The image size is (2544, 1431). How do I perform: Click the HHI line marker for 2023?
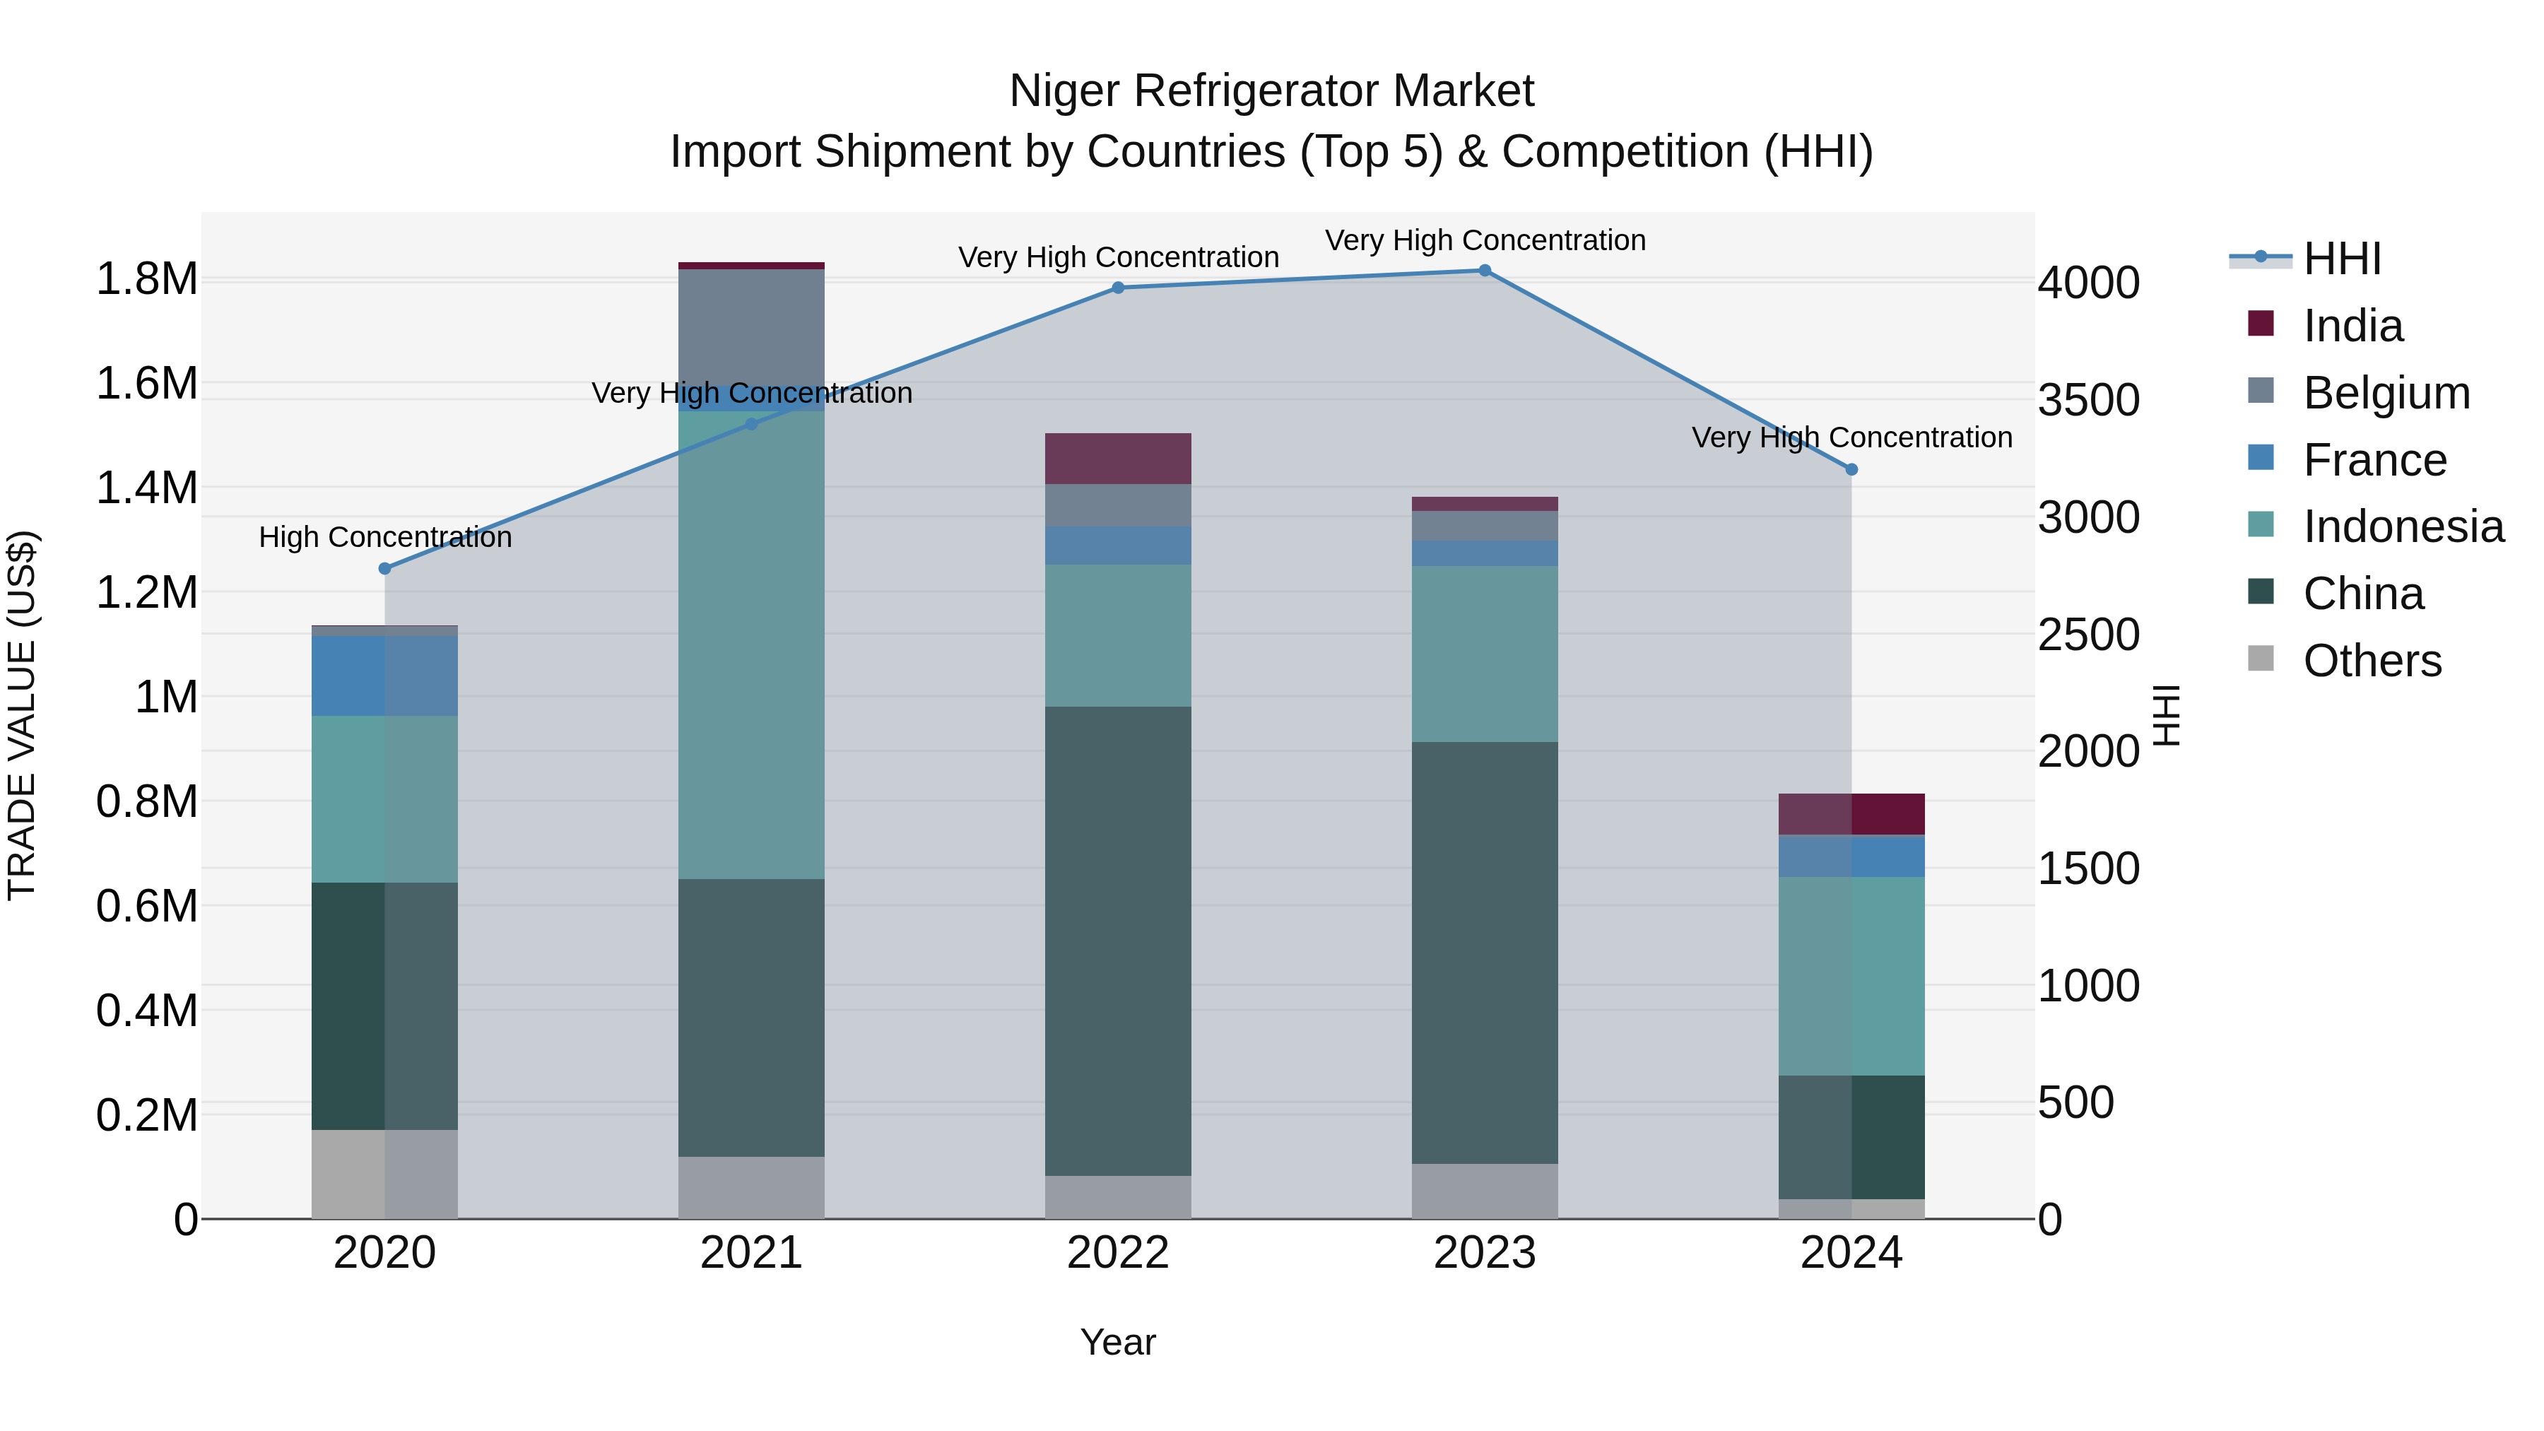coord(1484,271)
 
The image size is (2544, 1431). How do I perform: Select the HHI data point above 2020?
coord(385,569)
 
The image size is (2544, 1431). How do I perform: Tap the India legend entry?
coord(2352,326)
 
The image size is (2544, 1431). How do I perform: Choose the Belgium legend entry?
coord(2386,393)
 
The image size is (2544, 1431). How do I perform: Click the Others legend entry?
coord(2371,661)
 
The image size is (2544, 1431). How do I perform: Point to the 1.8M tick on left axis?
coord(146,279)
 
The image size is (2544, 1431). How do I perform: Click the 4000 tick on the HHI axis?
coord(2087,283)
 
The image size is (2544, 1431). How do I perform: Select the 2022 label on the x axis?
coord(1118,1253)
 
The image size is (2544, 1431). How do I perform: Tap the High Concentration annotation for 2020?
coord(385,537)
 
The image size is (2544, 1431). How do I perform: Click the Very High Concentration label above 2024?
coord(1851,437)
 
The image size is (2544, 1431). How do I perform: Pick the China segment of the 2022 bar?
coord(1118,938)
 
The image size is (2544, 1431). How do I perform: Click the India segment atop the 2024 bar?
coord(1851,814)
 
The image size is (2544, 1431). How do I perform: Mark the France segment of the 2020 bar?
coord(385,676)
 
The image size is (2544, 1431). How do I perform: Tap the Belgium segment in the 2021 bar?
coord(752,326)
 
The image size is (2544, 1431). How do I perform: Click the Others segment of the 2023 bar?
coord(1484,1191)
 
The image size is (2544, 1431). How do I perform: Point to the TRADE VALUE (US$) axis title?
coord(22,715)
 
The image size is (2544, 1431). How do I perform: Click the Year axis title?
coord(1118,1342)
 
